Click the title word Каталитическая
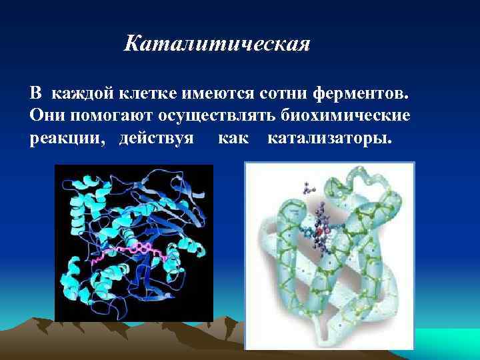pyautogui.click(x=217, y=45)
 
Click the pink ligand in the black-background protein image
pyautogui.click(x=133, y=251)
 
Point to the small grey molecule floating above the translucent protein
pyautogui.click(x=309, y=188)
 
